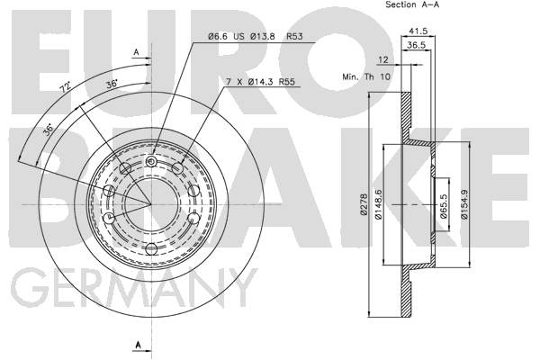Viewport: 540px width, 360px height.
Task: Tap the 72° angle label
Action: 64,91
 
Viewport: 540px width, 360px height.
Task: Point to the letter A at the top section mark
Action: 137,53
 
